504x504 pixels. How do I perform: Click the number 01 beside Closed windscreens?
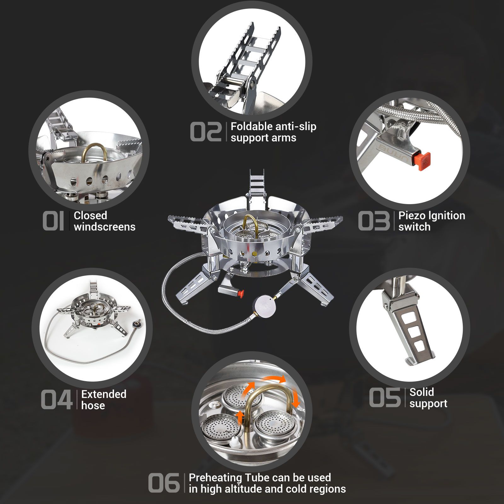click(54, 221)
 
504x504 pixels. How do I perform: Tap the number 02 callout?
click(206, 132)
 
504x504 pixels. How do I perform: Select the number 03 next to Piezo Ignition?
click(374, 221)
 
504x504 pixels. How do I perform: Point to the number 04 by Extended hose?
click(57, 400)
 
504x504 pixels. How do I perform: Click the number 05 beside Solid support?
click(385, 398)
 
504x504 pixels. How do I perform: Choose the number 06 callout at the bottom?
click(164, 483)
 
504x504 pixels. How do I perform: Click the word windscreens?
click(105, 227)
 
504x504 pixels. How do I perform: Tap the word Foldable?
click(251, 126)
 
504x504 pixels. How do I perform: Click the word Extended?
click(104, 394)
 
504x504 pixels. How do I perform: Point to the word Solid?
click(421, 392)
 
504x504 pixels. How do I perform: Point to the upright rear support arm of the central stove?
click(257, 186)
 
